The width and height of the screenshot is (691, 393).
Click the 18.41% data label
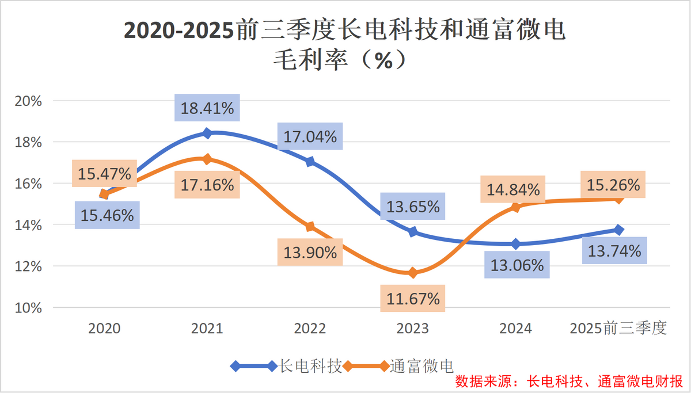207,108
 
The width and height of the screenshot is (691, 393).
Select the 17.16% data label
207,185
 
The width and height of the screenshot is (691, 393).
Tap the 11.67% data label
413,299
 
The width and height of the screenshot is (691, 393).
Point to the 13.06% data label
517,265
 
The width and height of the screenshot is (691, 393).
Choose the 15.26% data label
613,185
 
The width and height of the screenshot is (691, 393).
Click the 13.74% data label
614,251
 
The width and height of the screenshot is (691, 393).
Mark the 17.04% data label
309,137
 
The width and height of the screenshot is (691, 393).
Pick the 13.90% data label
310,252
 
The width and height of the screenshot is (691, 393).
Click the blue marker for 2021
207,133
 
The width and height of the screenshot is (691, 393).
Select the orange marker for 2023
413,273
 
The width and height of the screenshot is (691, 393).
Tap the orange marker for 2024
516,207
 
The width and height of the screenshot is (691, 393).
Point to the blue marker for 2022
310,162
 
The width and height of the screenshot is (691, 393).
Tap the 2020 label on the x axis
104,329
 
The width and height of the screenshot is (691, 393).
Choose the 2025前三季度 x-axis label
618,329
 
